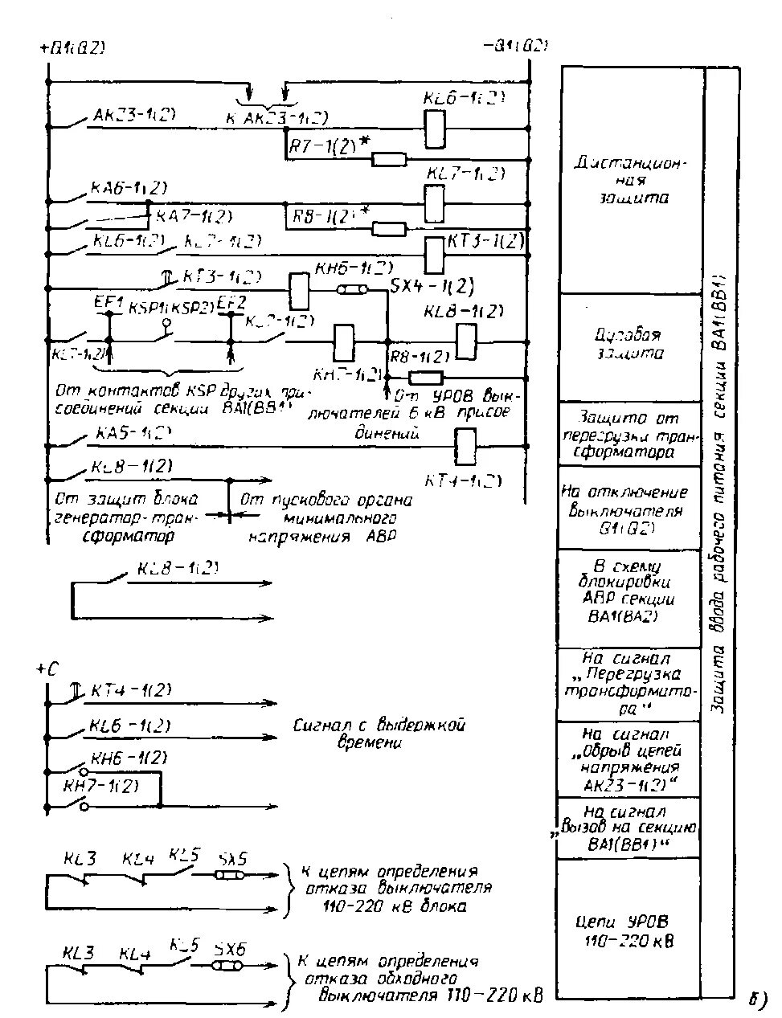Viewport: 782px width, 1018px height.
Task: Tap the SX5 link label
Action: pos(234,858)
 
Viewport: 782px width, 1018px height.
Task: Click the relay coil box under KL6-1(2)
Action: pos(435,128)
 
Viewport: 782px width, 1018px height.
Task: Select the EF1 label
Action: pos(107,304)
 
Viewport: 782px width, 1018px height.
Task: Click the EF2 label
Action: pos(231,302)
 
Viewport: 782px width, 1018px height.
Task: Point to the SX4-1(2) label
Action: pos(432,285)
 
